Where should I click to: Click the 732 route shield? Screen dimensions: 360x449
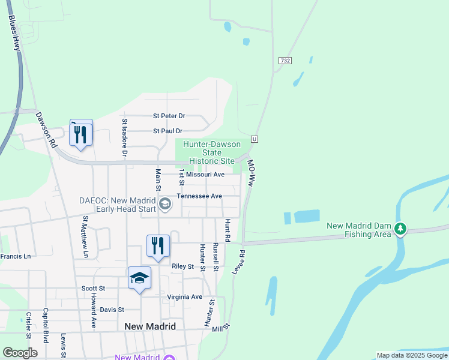tap(285, 61)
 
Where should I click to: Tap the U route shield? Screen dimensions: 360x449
tap(255, 139)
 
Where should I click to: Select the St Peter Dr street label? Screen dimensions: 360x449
tap(169, 116)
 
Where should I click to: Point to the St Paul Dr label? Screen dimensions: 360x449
tap(167, 131)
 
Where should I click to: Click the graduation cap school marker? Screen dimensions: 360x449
tap(139, 278)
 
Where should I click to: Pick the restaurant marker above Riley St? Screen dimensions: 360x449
tap(158, 246)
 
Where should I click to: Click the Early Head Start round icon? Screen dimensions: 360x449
tap(164, 206)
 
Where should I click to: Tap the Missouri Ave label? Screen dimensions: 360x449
tap(205, 175)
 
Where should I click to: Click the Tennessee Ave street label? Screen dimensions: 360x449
tap(199, 196)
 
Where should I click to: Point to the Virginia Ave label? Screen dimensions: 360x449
tap(184, 297)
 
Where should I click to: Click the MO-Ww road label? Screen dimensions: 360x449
tap(251, 174)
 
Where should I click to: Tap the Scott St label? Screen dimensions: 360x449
tap(93, 289)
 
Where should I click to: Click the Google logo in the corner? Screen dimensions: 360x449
tap(20, 353)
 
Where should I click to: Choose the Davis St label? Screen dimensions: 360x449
tap(112, 310)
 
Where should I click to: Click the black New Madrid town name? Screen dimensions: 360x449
tap(150, 326)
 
